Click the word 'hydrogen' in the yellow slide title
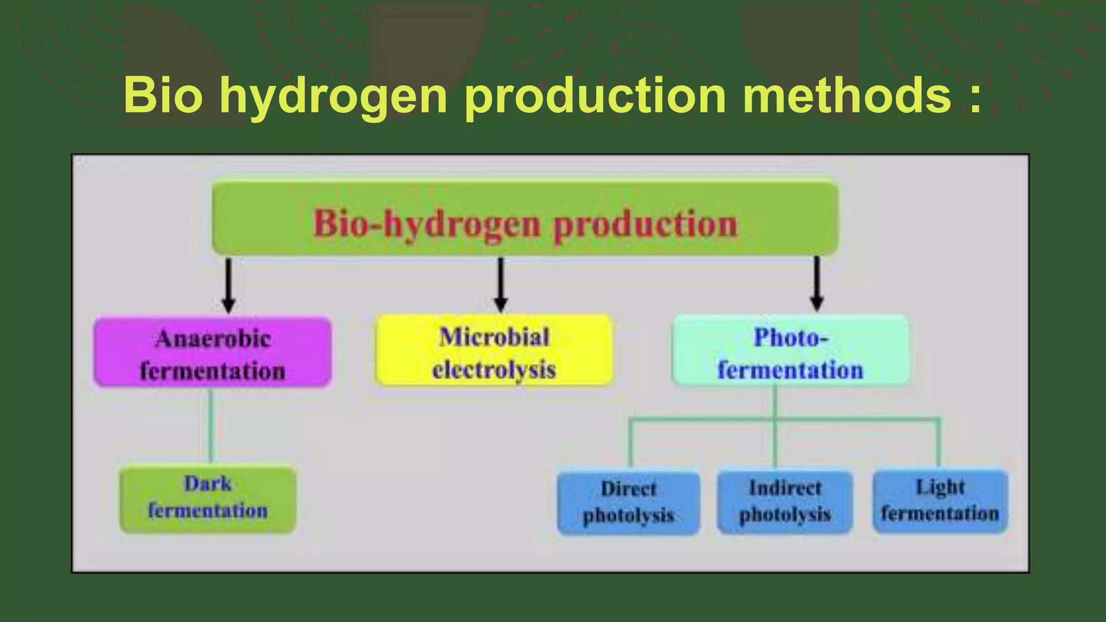(333, 96)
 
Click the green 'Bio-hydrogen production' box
(525, 218)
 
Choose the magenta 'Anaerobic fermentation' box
(212, 353)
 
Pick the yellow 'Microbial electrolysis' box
(494, 351)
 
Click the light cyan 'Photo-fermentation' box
(790, 351)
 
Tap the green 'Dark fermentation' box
(208, 499)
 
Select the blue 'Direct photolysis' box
(629, 503)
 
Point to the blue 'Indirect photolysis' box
(785, 502)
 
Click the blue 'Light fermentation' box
(940, 501)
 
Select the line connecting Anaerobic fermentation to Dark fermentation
(211, 426)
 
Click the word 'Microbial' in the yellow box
(494, 337)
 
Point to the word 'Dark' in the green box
(208, 484)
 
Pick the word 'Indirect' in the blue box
(785, 488)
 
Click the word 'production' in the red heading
(646, 225)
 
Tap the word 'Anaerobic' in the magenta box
(213, 339)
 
